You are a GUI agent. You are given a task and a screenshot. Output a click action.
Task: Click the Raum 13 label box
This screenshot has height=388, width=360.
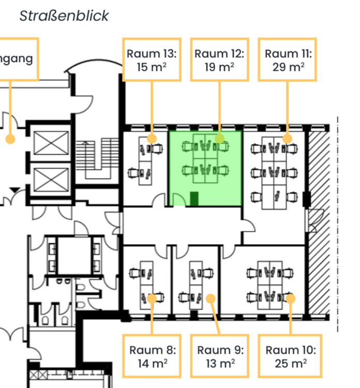pos(152,59)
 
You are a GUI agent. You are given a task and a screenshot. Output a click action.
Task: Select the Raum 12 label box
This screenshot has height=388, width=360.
pos(219,59)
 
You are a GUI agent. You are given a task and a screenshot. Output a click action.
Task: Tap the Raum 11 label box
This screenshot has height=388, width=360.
pos(287,59)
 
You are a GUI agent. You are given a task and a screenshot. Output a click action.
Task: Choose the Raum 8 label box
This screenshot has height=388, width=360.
pos(152,356)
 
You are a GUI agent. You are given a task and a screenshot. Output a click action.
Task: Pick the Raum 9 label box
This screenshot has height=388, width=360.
pos(219,356)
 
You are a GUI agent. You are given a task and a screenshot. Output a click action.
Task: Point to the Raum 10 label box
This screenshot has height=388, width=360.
pos(290,356)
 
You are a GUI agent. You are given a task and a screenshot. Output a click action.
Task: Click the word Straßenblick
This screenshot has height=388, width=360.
pos(64,16)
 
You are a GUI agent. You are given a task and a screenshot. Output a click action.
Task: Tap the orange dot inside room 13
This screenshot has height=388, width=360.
pos(152,139)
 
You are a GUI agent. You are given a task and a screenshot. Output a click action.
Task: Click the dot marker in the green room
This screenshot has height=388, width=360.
pos(219,139)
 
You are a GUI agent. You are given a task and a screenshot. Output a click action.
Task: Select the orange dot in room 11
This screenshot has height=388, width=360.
pos(287,139)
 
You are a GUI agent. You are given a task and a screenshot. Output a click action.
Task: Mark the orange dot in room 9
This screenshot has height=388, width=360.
pos(211,299)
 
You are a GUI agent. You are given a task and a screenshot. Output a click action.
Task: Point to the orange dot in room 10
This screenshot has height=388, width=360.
pos(291,299)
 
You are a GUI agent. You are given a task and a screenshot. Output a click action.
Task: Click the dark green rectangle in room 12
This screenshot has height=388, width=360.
pos(194,199)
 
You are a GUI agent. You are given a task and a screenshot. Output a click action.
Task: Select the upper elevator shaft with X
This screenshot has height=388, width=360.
pos(51,143)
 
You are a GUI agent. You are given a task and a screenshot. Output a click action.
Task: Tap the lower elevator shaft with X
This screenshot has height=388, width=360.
pos(51,180)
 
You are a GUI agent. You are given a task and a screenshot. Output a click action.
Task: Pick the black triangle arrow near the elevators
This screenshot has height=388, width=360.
pos(15,190)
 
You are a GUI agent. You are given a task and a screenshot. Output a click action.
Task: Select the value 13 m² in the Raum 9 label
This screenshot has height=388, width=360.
pos(220,363)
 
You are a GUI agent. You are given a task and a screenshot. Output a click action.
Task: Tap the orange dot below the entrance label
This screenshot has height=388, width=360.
pos(10,139)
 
